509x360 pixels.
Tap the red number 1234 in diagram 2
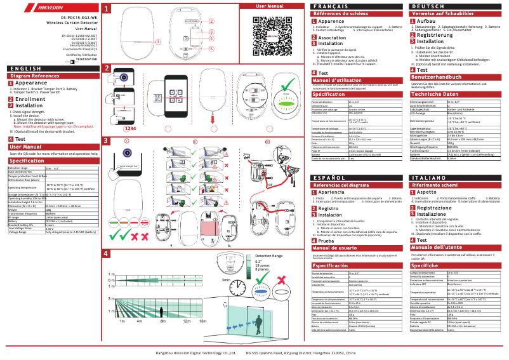(x=131, y=128)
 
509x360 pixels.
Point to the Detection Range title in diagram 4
(x=268, y=255)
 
